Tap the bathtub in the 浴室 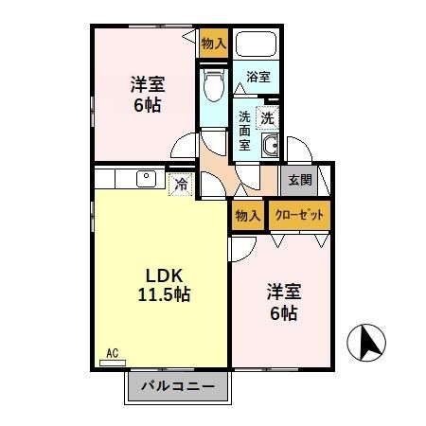tap(255, 45)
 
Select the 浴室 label tap(257, 77)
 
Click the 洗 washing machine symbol tap(268, 118)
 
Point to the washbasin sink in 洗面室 tap(269, 146)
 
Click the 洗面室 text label tap(244, 132)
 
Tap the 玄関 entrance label tap(299, 181)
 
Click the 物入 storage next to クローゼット tap(247, 216)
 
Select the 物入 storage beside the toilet tap(214, 43)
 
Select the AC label tap(113, 353)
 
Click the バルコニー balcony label tap(178, 386)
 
